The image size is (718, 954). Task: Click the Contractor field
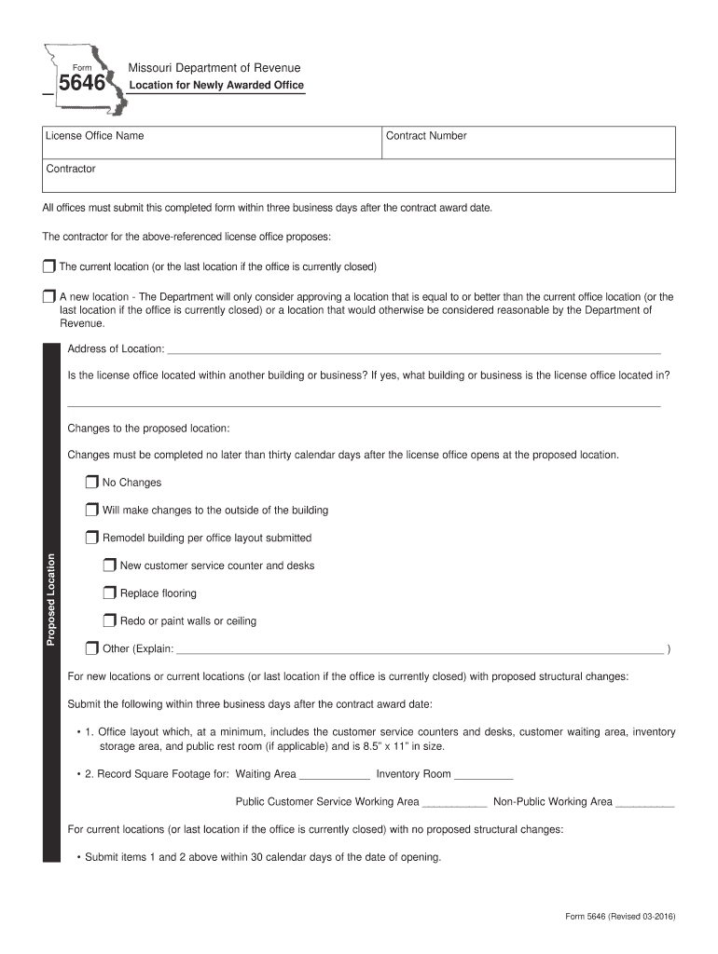359,175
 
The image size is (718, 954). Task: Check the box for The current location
49,266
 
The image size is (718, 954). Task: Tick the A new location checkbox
49,297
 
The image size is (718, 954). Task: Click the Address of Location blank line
412,350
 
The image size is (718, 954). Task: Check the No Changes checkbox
91,483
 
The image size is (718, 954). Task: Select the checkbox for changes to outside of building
91,511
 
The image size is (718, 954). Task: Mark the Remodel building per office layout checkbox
91,538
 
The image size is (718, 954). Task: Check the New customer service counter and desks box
110,566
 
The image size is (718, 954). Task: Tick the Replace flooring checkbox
110,593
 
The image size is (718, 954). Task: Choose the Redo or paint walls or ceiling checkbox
110,621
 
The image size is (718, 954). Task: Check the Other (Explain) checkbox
91,648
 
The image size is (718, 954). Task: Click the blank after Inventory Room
484,775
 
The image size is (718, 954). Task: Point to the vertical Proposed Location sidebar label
52,599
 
